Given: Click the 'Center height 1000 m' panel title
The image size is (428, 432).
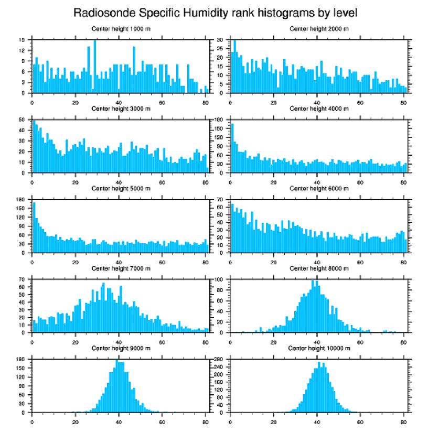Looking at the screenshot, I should (121, 29).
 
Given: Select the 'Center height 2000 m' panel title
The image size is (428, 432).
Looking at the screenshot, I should (319, 29).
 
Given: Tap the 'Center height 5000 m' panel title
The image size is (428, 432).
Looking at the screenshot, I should (121, 189).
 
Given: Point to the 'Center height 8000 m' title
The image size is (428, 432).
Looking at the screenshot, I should (319, 268).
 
